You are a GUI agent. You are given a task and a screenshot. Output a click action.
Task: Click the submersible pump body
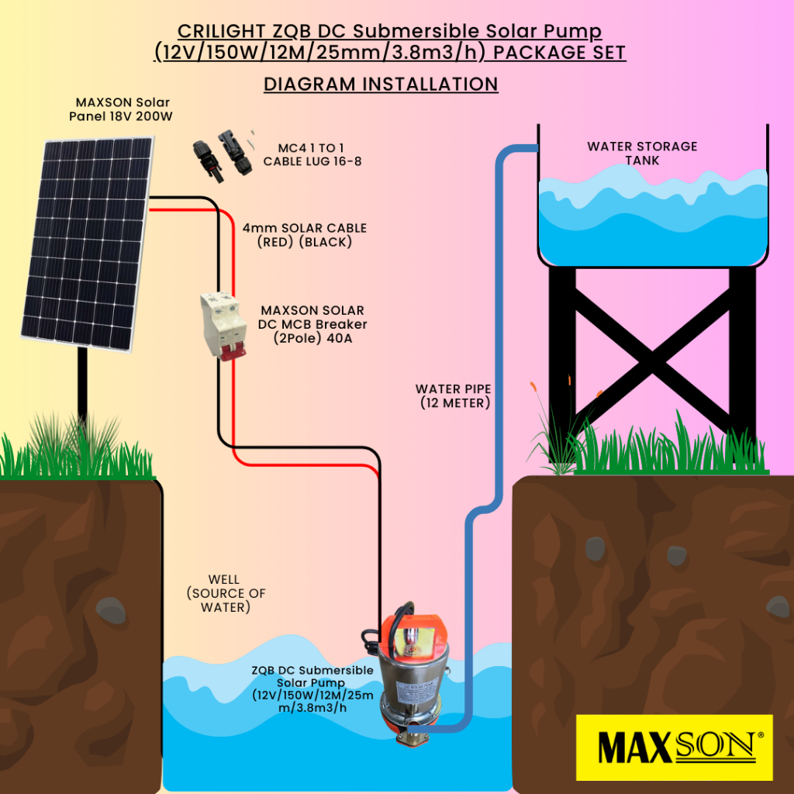(409, 682)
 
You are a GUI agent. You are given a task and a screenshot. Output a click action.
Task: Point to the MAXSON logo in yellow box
(675, 747)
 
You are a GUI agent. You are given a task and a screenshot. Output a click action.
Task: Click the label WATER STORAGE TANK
(642, 153)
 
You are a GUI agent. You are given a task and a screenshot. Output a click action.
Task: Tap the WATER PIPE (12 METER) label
(453, 395)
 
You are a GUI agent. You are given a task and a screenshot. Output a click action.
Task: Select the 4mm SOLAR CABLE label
(305, 235)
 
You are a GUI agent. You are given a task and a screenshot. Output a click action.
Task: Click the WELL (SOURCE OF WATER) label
(225, 593)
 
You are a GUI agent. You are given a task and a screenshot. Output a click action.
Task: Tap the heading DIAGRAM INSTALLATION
(381, 84)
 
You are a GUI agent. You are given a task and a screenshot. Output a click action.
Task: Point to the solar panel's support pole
(81, 388)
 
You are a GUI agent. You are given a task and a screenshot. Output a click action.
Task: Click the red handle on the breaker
(228, 352)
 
